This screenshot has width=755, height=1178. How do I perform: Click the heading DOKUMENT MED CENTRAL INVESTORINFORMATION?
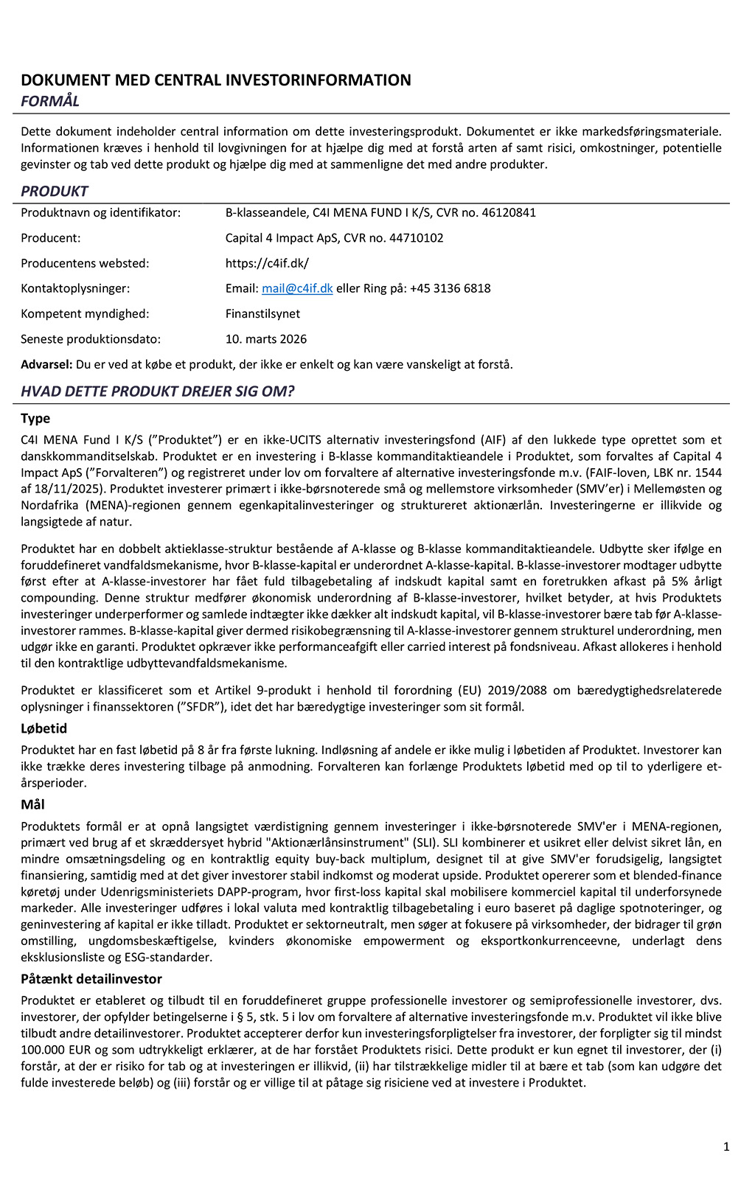pyautogui.click(x=216, y=80)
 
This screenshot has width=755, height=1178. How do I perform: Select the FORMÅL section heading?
pyautogui.click(x=50, y=101)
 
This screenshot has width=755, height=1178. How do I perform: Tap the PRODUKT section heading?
pyautogui.click(x=55, y=192)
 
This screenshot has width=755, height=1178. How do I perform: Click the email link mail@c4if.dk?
pyautogui.click(x=297, y=288)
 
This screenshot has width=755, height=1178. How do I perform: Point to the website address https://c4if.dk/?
pyautogui.click(x=267, y=263)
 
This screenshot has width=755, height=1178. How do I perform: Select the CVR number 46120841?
pyautogui.click(x=509, y=213)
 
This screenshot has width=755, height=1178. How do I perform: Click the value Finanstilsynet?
pyautogui.click(x=262, y=314)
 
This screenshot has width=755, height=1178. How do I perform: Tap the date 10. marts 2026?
pyautogui.click(x=266, y=339)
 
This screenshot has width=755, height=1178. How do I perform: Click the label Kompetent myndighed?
pyautogui.click(x=85, y=314)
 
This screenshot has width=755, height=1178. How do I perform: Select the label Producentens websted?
pyautogui.click(x=85, y=263)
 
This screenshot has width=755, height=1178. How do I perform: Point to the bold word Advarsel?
pyautogui.click(x=46, y=364)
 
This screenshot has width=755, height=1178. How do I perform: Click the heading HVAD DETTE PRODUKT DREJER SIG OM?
pyautogui.click(x=158, y=391)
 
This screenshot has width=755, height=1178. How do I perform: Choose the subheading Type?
pyautogui.click(x=35, y=419)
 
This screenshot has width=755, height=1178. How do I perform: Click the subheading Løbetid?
pyautogui.click(x=44, y=728)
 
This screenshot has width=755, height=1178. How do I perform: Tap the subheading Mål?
pyautogui.click(x=33, y=804)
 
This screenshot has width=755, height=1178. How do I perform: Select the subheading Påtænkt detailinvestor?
pyautogui.click(x=91, y=979)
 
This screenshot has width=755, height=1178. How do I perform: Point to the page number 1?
pyautogui.click(x=726, y=1146)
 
